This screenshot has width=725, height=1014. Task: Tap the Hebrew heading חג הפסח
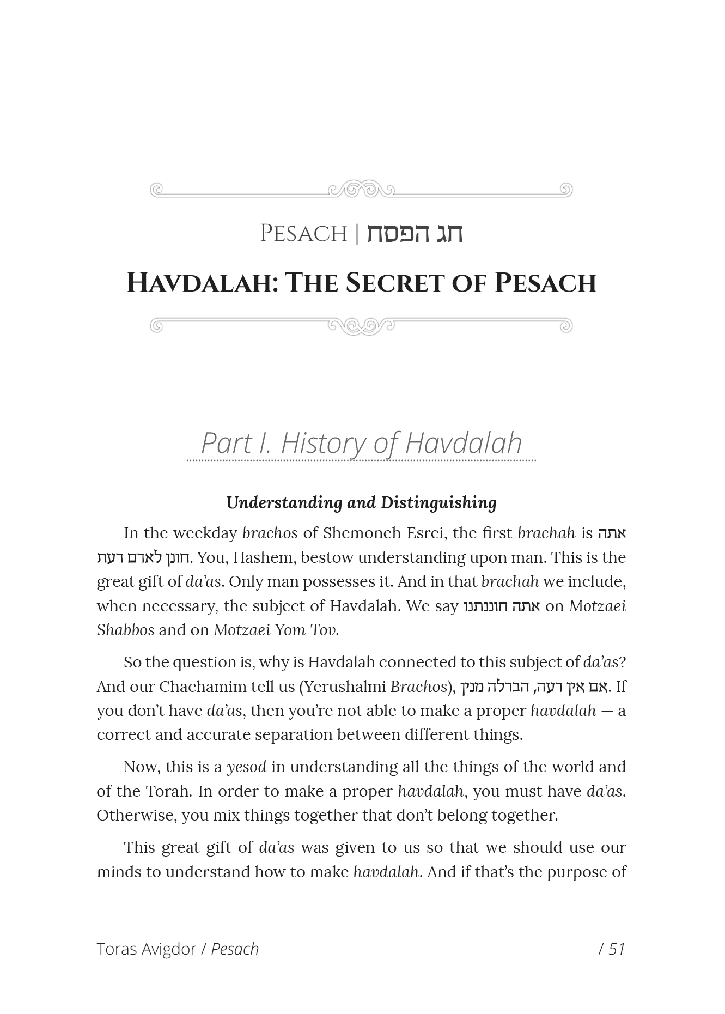(414, 234)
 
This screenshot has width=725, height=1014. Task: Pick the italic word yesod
(246, 767)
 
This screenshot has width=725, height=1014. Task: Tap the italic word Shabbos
(125, 630)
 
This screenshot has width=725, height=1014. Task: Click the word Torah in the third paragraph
(168, 791)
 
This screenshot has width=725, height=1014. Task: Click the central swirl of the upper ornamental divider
(361, 189)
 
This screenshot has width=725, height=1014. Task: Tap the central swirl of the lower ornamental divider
(361, 326)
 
